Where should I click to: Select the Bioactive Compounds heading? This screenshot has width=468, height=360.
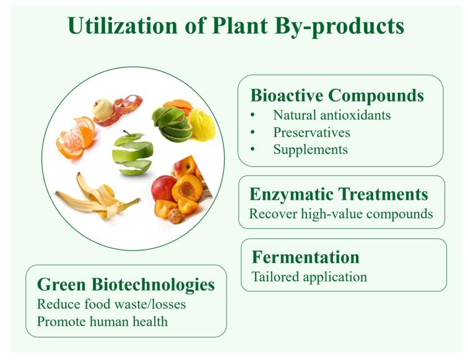point(337,95)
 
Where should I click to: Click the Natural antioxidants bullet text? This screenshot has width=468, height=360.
point(331,115)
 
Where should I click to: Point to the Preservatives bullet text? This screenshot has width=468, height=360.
point(311,132)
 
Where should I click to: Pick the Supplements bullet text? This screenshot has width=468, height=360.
point(310,150)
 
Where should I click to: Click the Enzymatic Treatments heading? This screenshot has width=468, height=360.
point(338,194)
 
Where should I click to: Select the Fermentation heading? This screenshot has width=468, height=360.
point(305,257)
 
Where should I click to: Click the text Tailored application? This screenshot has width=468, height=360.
point(309,276)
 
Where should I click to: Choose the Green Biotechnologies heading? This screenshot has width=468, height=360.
point(126,285)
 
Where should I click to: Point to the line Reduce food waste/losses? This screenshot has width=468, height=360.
point(111,304)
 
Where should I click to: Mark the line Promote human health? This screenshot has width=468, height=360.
point(102,322)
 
